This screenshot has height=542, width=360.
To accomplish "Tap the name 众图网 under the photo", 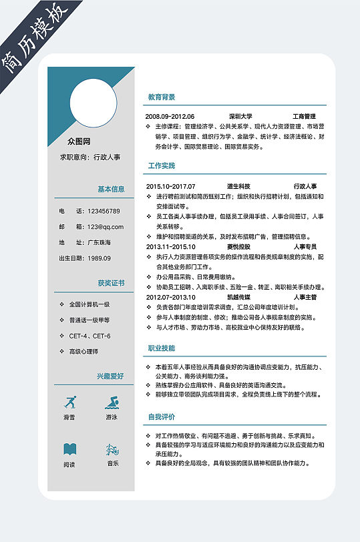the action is [x=79, y=142].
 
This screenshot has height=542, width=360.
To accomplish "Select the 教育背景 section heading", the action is [x=162, y=97].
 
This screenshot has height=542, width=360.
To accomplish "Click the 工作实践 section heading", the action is [x=162, y=166].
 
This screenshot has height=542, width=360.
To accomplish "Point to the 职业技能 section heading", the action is [x=162, y=348].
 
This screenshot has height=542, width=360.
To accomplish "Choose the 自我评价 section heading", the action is [x=162, y=417].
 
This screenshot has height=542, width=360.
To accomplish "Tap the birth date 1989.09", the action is [x=99, y=258].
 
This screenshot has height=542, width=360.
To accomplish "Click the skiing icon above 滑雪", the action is [x=69, y=402].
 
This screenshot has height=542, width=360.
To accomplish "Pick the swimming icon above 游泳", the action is [x=112, y=402].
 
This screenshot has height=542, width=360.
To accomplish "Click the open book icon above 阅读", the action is [x=69, y=449].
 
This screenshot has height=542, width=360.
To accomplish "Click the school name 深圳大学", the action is [x=240, y=116].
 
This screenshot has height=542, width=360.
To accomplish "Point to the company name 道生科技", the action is [x=238, y=186].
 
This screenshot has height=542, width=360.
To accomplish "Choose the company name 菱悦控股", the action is [x=238, y=246].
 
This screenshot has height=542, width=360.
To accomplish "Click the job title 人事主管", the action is [x=305, y=297].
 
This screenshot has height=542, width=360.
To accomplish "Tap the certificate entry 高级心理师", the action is [x=83, y=351].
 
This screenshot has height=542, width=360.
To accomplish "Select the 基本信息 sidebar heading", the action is [x=111, y=189].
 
